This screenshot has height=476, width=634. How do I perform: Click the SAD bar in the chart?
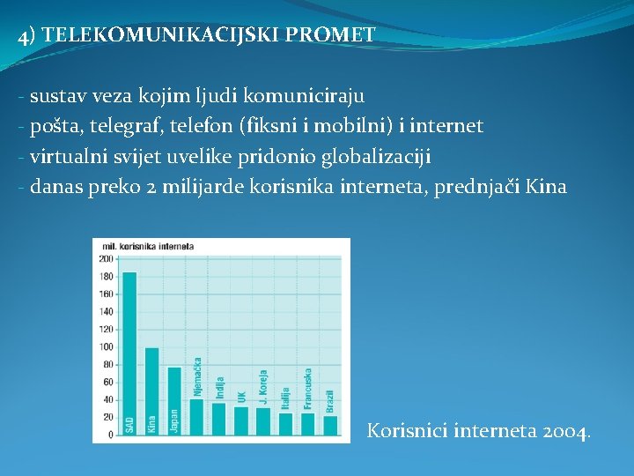click(x=129, y=353)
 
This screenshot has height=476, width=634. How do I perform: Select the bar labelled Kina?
click(x=151, y=390)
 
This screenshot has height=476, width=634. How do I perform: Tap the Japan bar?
click(x=173, y=400)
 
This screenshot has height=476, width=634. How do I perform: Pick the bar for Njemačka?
click(x=196, y=416)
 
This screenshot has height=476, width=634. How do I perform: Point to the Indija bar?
click(x=218, y=418)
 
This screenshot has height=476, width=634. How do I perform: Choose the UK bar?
click(x=241, y=420)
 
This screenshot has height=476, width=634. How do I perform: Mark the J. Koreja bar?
click(x=263, y=421)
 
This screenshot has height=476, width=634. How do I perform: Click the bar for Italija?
click(x=285, y=424)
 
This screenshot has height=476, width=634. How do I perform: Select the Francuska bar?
click(x=308, y=424)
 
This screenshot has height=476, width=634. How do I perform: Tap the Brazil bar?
click(x=330, y=425)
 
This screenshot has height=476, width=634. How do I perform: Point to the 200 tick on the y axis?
click(x=106, y=258)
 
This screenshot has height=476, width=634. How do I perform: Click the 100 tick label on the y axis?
click(x=106, y=346)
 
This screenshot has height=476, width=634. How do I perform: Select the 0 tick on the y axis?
click(x=110, y=435)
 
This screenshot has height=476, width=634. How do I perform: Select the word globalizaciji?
click(x=378, y=157)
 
